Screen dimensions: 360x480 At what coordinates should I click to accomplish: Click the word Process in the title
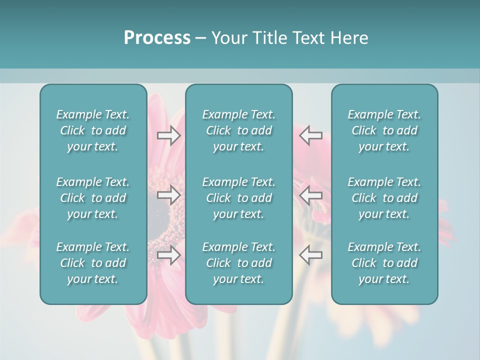pos(157,38)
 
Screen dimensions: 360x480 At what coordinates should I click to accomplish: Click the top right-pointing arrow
pos(169,135)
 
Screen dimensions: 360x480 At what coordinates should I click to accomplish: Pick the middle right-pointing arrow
pos(169,195)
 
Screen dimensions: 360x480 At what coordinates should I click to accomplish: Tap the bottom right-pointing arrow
pos(169,255)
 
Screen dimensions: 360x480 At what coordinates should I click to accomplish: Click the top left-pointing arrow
pos(310,135)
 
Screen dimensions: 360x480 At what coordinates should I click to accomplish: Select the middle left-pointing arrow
pos(310,195)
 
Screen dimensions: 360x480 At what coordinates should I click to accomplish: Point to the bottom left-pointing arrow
pos(310,255)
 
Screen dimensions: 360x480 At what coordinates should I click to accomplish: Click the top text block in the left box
pos(93,130)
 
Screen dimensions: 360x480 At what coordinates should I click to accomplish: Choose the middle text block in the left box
pos(93,198)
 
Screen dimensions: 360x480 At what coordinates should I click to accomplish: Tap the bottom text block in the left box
pos(93,263)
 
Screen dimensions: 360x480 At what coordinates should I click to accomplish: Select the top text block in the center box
pos(238,130)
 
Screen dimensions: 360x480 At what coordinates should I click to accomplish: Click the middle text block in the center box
pos(238,198)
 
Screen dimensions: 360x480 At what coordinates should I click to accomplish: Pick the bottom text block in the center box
pos(238,263)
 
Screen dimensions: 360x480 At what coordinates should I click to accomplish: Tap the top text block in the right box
pos(384,130)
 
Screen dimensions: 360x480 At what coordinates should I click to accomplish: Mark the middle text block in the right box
pos(384,198)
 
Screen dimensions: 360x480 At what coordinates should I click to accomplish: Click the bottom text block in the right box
pos(384,263)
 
